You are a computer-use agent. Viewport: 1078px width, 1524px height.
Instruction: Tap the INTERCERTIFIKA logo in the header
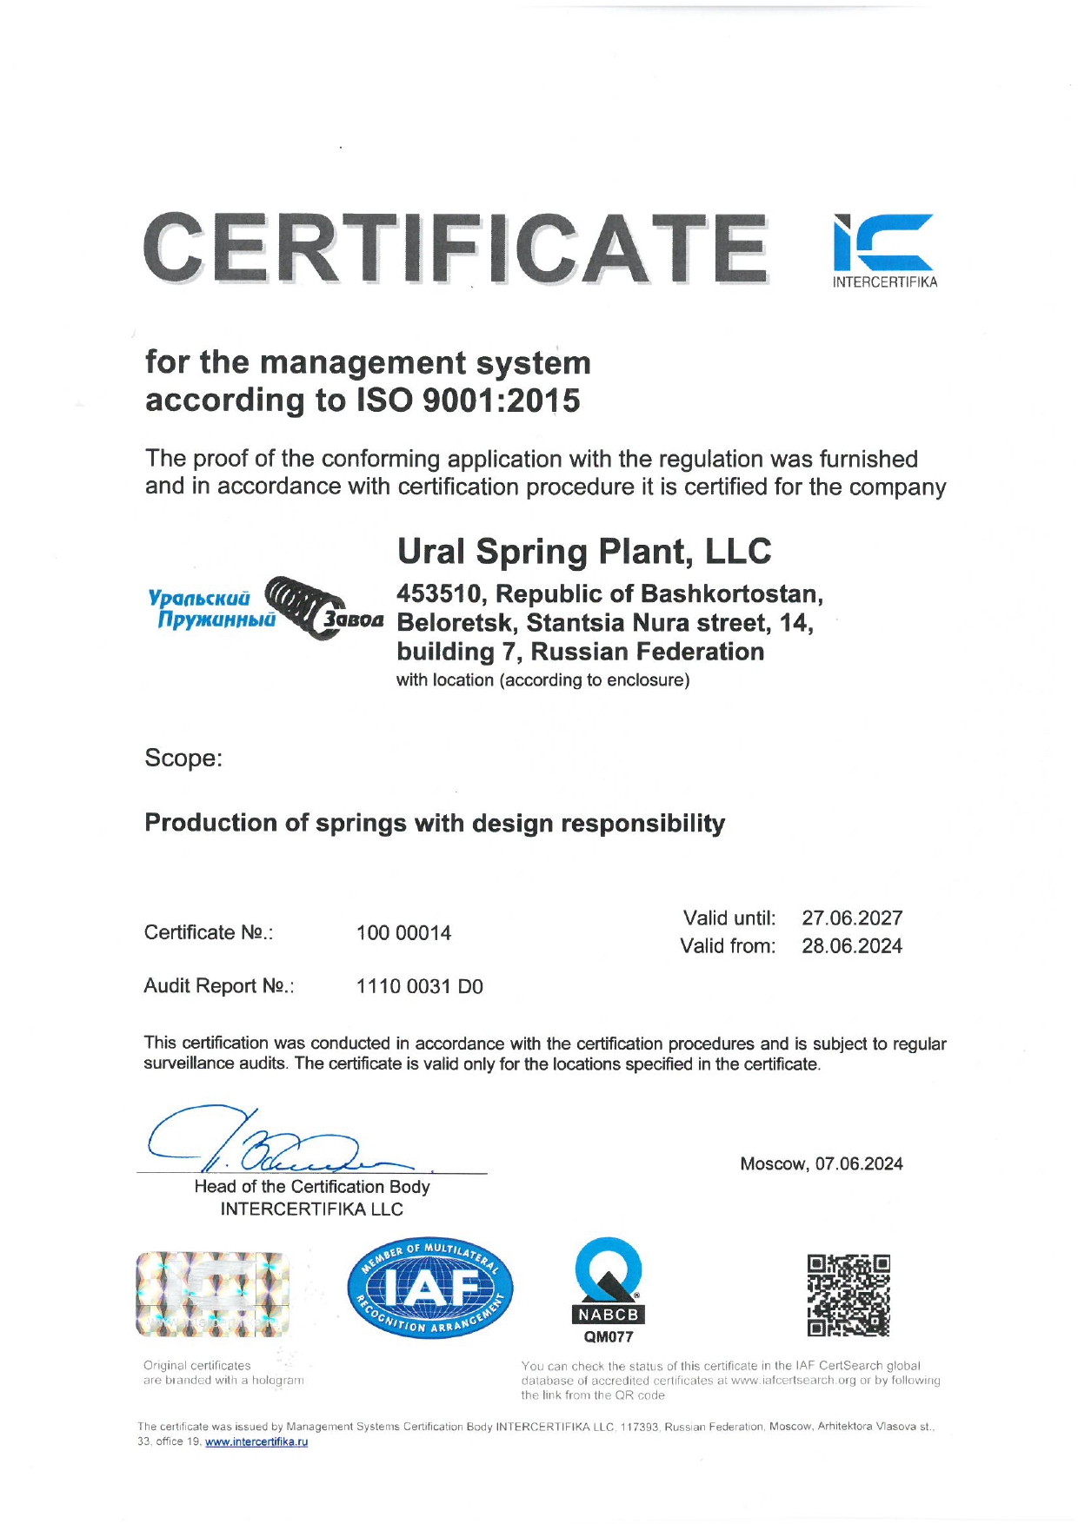tap(884, 250)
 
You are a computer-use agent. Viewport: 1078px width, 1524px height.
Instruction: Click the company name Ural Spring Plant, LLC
tap(584, 552)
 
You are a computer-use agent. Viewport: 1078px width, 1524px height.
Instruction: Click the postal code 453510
tap(439, 594)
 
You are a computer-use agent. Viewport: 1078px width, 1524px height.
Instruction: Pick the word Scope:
tap(183, 759)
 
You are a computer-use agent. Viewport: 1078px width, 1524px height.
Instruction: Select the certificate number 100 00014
tap(403, 933)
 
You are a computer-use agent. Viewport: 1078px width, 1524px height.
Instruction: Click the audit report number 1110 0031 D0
tap(419, 987)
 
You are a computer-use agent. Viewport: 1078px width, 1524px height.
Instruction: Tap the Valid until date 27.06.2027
tap(852, 918)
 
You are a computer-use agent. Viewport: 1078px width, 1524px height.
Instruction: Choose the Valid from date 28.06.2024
tap(852, 946)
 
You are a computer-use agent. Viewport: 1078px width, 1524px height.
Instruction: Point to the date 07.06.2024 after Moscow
tap(859, 1164)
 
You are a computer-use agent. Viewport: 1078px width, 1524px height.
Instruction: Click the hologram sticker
tap(212, 1295)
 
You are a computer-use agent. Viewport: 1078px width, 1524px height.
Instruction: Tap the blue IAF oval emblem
tap(430, 1289)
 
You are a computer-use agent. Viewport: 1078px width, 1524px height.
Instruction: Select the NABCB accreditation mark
tap(609, 1282)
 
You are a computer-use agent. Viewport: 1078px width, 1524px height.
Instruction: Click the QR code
tap(848, 1295)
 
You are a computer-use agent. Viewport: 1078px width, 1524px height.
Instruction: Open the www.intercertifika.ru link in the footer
tap(256, 1441)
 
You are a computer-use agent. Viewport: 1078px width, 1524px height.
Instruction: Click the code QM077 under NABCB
tap(609, 1337)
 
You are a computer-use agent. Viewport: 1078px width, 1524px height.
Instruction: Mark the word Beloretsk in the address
tap(457, 624)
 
